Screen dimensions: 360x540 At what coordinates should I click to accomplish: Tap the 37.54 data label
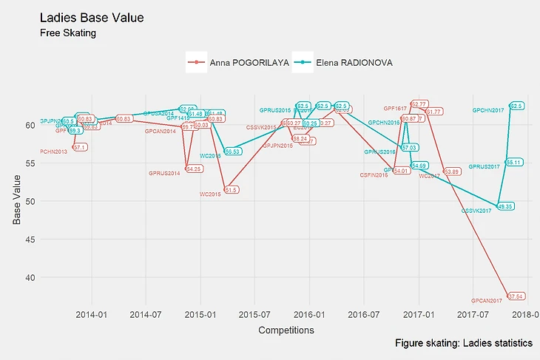[x=516, y=296]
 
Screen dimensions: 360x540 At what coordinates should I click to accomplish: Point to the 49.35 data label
[x=505, y=206]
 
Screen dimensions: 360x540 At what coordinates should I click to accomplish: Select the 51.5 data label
[x=231, y=190]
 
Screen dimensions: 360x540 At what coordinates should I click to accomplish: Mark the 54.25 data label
[x=194, y=169]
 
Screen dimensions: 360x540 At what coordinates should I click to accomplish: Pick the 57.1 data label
[x=80, y=148]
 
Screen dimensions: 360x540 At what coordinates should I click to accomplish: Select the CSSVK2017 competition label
[x=476, y=211]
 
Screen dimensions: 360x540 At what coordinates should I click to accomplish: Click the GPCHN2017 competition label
[x=487, y=110]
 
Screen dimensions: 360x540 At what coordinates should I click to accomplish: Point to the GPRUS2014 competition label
[x=164, y=174]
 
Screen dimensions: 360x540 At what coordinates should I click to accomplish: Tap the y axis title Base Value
[x=17, y=200]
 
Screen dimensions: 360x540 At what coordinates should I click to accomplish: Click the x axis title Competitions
[x=286, y=330]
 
